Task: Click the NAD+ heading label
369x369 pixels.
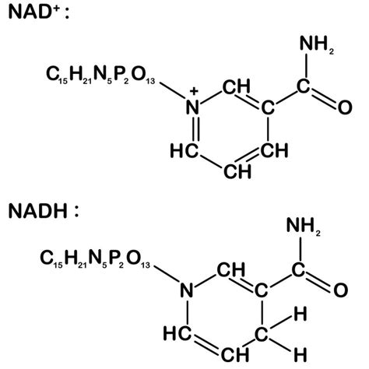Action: (x=39, y=12)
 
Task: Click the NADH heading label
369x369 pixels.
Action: (x=44, y=211)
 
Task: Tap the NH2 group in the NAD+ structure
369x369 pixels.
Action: (x=317, y=44)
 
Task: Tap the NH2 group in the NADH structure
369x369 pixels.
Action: (x=304, y=226)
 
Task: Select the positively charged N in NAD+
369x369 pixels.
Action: (x=193, y=107)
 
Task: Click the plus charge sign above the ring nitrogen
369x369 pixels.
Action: (x=194, y=91)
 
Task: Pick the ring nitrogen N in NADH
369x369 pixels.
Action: (x=187, y=290)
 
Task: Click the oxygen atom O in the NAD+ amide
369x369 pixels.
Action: (x=345, y=107)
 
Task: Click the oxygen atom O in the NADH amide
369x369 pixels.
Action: (x=340, y=290)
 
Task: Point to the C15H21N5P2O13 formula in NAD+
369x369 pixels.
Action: (x=100, y=75)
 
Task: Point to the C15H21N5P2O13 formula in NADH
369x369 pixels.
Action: (x=95, y=258)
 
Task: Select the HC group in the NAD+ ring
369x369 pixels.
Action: (x=184, y=151)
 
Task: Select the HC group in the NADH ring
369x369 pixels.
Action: (x=177, y=333)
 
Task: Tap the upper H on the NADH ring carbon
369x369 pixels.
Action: (x=300, y=314)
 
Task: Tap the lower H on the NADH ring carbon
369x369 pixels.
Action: (x=300, y=354)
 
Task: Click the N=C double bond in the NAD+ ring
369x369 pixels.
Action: (x=196, y=128)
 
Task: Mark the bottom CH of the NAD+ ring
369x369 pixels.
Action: (x=237, y=171)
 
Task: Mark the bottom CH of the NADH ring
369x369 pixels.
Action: (x=235, y=354)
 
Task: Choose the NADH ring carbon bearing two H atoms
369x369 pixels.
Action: (x=261, y=334)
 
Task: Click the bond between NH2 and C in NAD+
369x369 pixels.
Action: (x=307, y=66)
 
